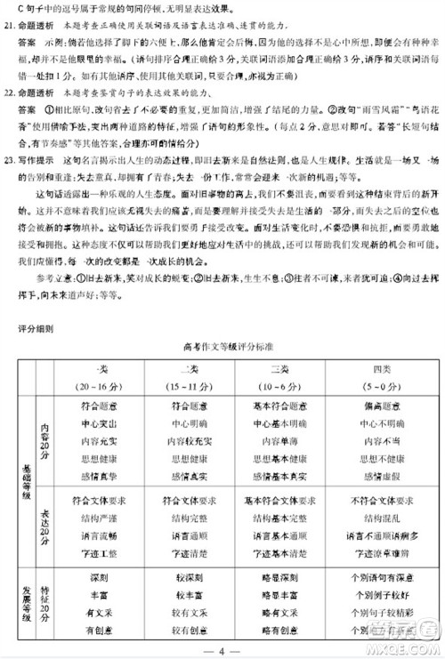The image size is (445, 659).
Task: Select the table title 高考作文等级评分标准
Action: [222, 348]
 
